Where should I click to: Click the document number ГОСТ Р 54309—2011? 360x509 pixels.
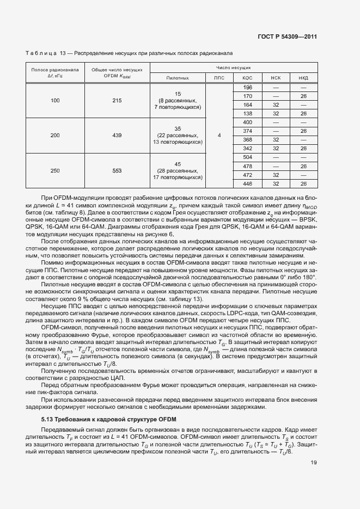pos(287,38)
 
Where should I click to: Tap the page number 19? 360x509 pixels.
pos(314,463)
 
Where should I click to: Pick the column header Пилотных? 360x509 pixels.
pos(177,78)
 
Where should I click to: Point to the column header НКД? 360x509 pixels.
pos(303,78)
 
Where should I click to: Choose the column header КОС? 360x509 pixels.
pos(247,78)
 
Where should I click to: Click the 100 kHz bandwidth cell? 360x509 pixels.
pos(55,100)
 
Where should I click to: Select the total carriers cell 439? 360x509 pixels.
pos(117,135)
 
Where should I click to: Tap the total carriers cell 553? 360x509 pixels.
pos(117,170)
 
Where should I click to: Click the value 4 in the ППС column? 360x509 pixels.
pos(219,135)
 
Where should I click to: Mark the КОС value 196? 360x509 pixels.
pos(247,87)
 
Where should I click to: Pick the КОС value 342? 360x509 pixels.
pos(247,148)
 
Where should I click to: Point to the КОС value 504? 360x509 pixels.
pos(247,157)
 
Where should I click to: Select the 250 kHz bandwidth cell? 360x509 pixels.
pos(55,170)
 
